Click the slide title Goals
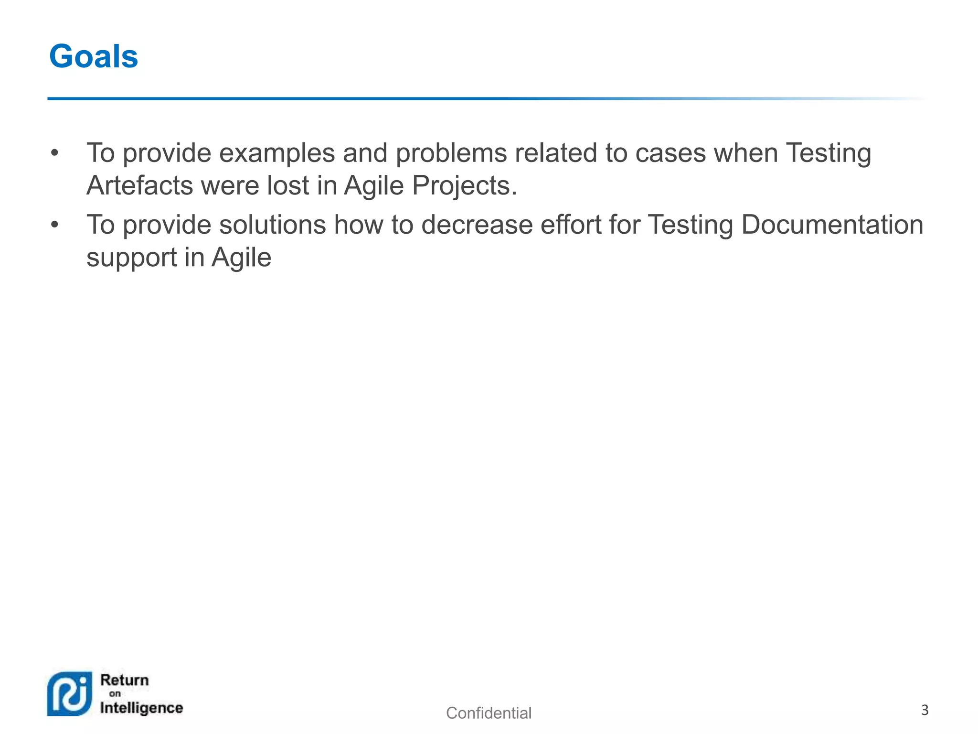(x=94, y=56)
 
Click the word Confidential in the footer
(x=489, y=713)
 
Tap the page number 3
(x=925, y=710)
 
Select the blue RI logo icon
(x=70, y=694)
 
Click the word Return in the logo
(x=125, y=680)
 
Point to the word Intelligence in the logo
(x=141, y=708)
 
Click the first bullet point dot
(x=55, y=153)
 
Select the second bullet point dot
(x=55, y=225)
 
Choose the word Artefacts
(x=139, y=185)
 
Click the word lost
(x=288, y=185)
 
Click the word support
(x=132, y=259)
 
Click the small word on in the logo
(x=115, y=694)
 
